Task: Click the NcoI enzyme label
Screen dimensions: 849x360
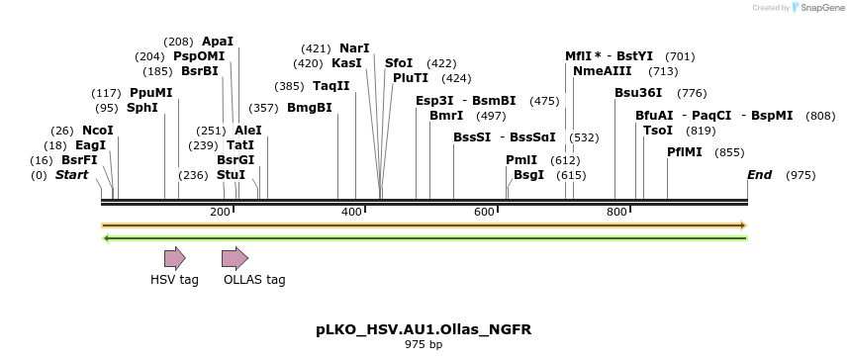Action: pyautogui.click(x=98, y=131)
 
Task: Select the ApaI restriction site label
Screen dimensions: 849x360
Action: pyautogui.click(x=218, y=42)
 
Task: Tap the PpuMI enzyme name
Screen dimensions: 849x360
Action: pyautogui.click(x=151, y=93)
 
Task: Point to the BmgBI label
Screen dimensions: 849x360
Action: pyautogui.click(x=310, y=108)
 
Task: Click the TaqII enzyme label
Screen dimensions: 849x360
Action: pyautogui.click(x=331, y=86)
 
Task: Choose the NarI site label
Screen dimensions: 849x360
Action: pyautogui.click(x=354, y=48)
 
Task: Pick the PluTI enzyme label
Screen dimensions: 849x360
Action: pyautogui.click(x=411, y=78)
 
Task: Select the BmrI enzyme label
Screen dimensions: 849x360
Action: pyautogui.click(x=446, y=116)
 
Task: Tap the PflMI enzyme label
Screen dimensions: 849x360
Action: pyautogui.click(x=685, y=152)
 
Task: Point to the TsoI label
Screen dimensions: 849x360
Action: pyautogui.click(x=658, y=131)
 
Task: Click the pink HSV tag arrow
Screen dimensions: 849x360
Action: pyautogui.click(x=174, y=259)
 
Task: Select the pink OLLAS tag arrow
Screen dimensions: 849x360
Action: pyautogui.click(x=235, y=259)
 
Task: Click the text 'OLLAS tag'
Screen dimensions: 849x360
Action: pyautogui.click(x=254, y=280)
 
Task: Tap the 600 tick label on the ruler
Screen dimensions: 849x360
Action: pyautogui.click(x=484, y=213)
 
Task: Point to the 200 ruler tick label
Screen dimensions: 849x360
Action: pyautogui.click(x=220, y=213)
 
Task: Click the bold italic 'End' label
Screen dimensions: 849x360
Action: pyautogui.click(x=760, y=175)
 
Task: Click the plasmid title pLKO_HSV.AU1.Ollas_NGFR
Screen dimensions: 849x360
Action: pyautogui.click(x=424, y=328)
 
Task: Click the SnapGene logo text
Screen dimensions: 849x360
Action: pyautogui.click(x=824, y=8)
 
